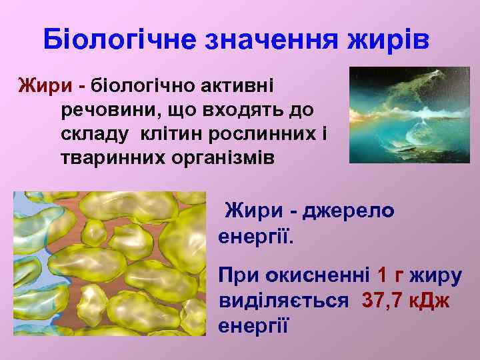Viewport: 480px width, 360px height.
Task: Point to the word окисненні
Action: pos(317,275)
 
